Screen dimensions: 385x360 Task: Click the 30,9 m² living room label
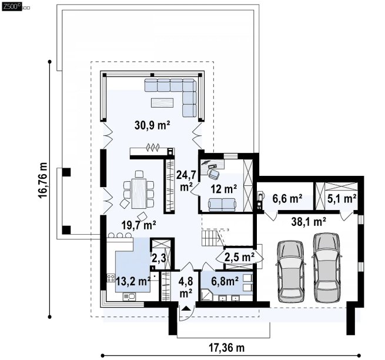[x=152, y=125]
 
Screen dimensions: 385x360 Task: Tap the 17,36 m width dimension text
[x=227, y=348]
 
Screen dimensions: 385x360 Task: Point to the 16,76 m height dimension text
[x=43, y=180]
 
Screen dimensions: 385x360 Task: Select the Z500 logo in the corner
[x=12, y=6]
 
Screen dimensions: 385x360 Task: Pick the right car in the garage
[x=327, y=267]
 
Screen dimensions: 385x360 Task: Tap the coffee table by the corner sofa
[x=162, y=103]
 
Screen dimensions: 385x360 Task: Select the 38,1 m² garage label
[x=309, y=222]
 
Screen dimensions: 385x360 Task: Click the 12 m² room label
[x=224, y=189]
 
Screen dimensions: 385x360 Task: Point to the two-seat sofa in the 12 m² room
[x=222, y=205]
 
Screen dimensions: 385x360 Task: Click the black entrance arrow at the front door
[x=186, y=308]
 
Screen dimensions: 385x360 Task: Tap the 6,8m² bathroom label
[x=225, y=281]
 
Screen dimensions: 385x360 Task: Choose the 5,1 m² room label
[x=342, y=198]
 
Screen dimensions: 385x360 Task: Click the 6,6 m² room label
[x=287, y=198]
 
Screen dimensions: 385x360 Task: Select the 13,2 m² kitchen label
[x=133, y=281]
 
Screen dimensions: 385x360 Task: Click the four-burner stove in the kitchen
[x=111, y=278]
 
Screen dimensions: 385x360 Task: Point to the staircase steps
[x=210, y=238]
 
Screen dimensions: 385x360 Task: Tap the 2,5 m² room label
[x=239, y=257]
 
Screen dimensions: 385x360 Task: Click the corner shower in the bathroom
[x=206, y=295]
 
